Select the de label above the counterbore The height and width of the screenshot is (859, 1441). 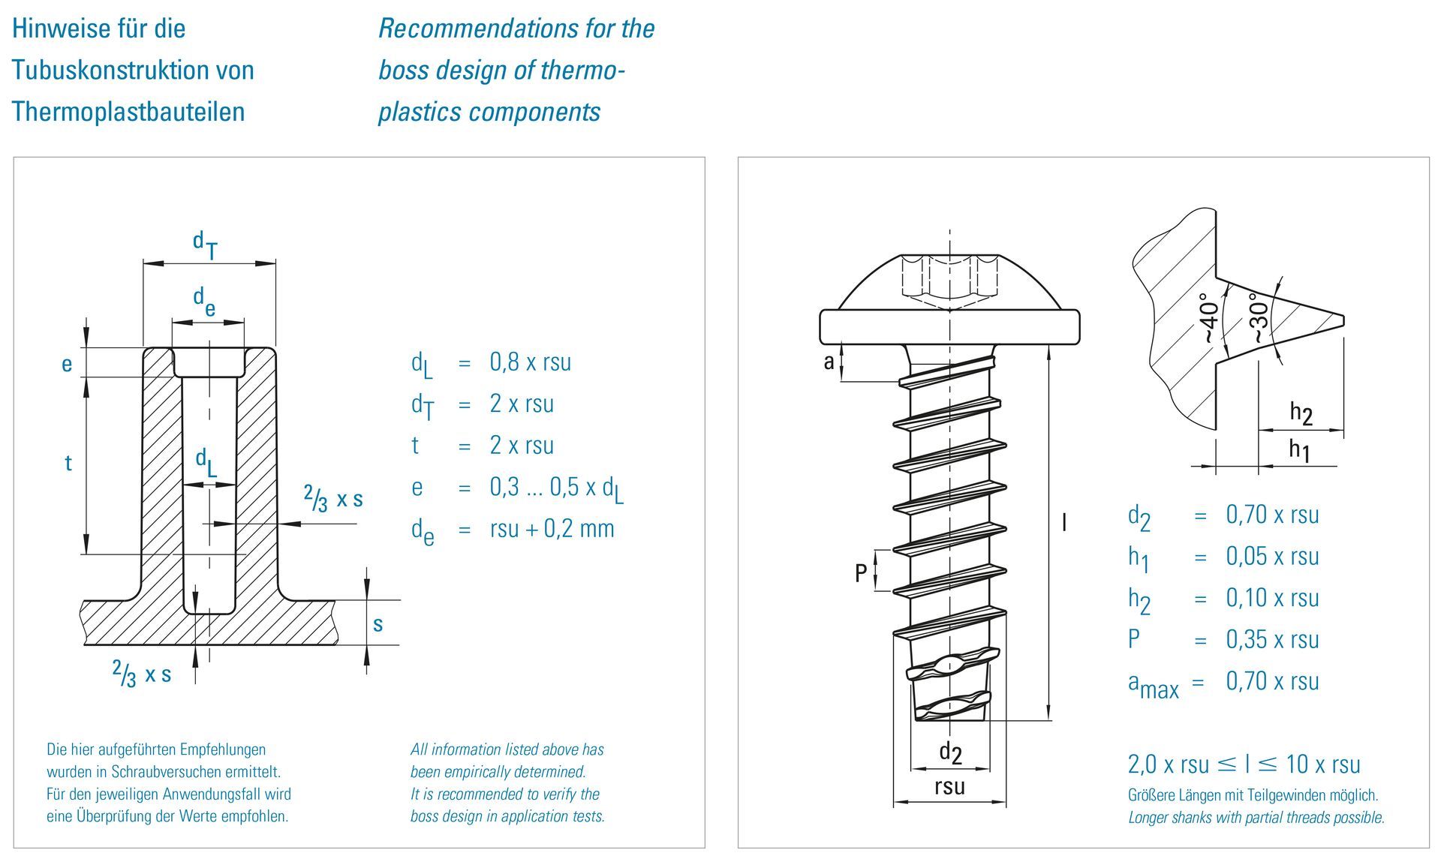click(204, 302)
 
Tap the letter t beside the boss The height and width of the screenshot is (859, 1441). click(68, 463)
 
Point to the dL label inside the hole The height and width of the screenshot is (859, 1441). click(206, 463)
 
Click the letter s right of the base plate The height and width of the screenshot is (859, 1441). click(378, 623)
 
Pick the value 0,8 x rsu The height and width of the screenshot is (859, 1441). click(530, 362)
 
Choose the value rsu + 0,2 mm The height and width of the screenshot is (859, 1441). click(552, 529)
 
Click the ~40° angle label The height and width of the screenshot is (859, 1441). click(1209, 318)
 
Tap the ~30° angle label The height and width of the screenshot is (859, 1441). click(1259, 318)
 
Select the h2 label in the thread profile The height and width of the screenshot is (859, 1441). click(1301, 413)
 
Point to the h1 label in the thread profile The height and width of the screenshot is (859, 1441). click(1299, 450)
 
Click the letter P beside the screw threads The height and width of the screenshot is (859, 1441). click(861, 573)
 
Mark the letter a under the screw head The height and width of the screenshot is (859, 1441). click(829, 362)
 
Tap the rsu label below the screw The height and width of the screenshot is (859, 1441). click(949, 787)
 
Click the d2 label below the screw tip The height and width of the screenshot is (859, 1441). click(950, 752)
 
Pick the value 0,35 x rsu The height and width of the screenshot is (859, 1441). click(1272, 640)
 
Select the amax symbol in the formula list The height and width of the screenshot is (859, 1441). click(1153, 684)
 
